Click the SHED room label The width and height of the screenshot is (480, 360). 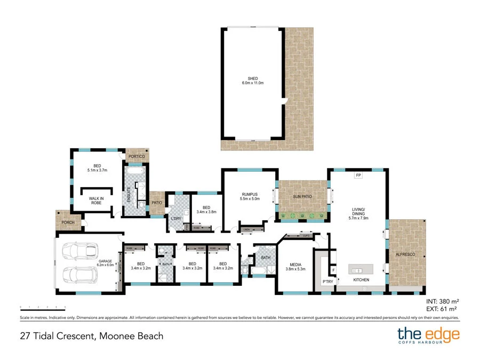(253, 78)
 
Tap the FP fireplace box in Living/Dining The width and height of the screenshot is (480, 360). (358, 175)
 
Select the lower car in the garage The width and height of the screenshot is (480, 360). (80, 275)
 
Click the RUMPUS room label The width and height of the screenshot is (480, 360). (250, 194)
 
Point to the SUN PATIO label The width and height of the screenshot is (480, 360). (302, 197)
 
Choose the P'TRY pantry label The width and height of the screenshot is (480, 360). (327, 281)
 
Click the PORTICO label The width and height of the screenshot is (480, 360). (137, 156)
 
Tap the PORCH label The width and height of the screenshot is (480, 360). (68, 222)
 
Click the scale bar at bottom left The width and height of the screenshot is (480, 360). (43, 307)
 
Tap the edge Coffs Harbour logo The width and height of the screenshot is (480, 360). (428, 337)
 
